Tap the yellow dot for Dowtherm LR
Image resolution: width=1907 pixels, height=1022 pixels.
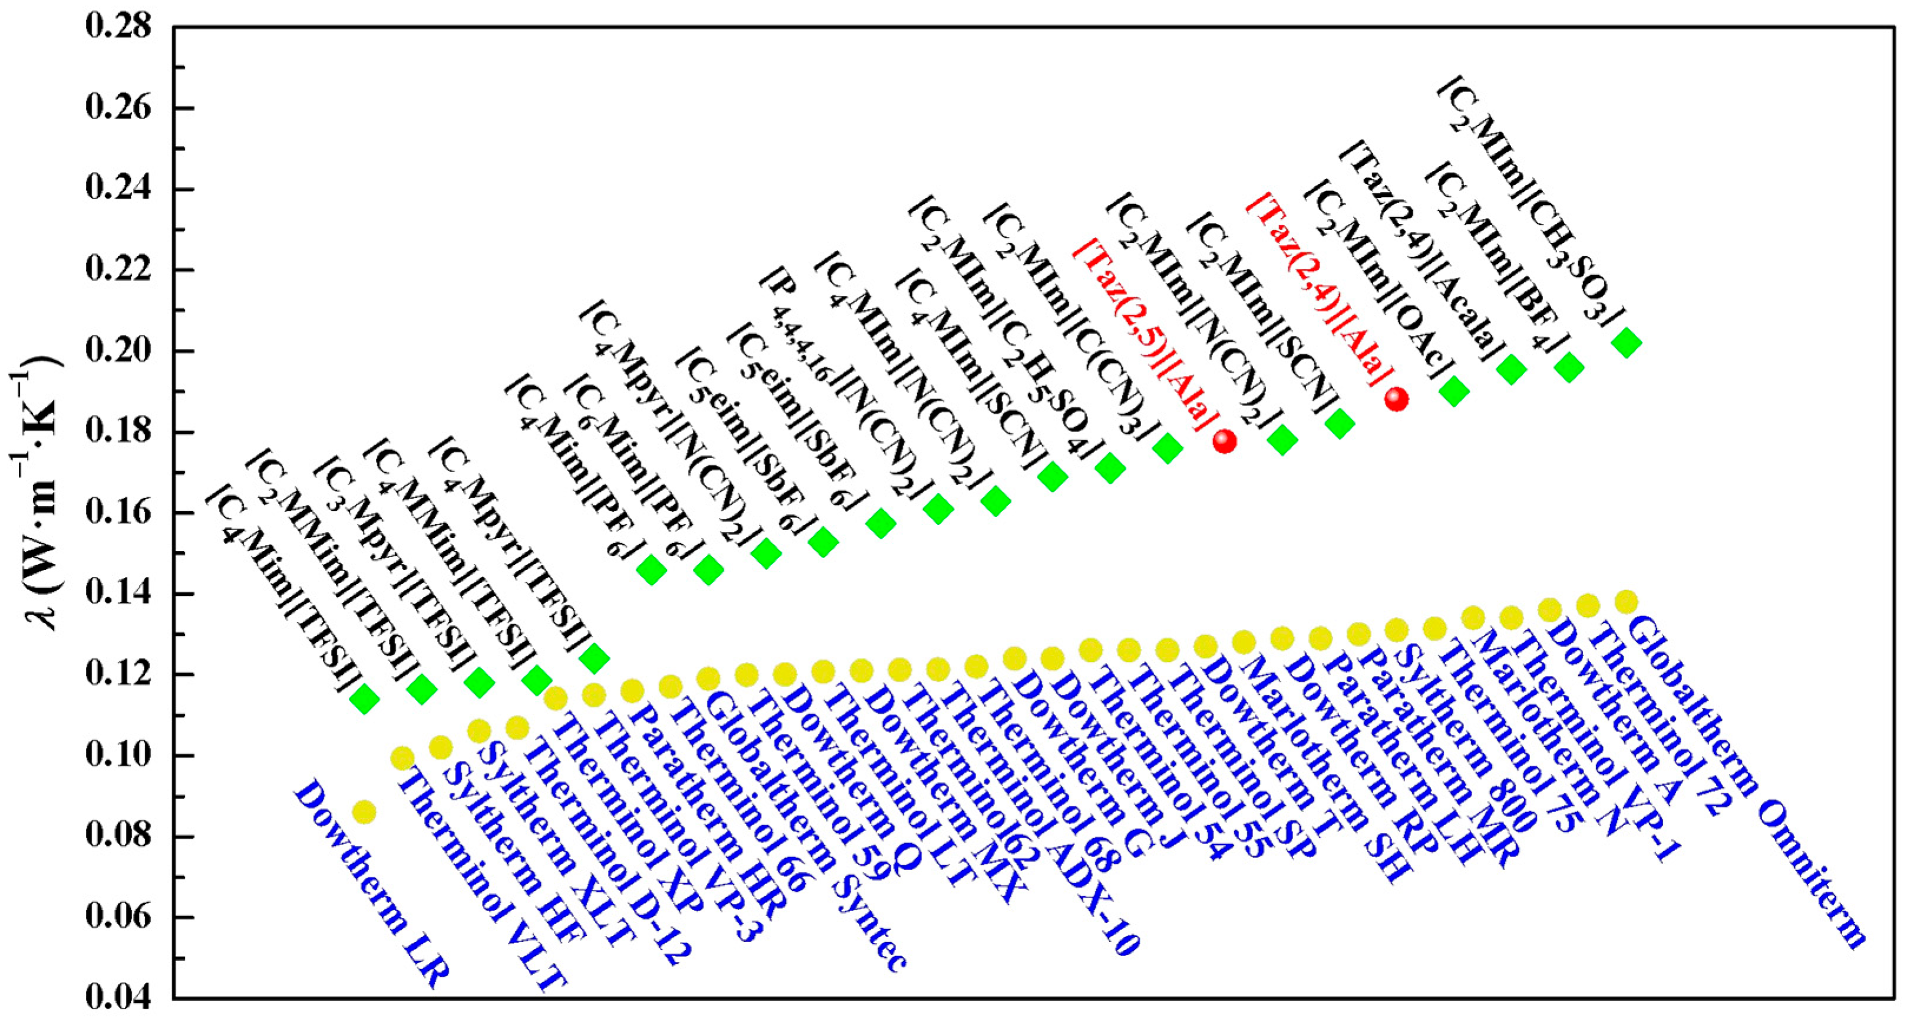tap(363, 812)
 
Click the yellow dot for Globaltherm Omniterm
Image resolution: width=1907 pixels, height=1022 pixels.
tap(1625, 601)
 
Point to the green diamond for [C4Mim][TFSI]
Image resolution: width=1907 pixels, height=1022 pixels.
tap(364, 698)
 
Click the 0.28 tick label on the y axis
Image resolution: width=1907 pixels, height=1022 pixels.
tap(118, 27)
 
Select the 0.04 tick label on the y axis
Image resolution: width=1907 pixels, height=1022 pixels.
tap(118, 997)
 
